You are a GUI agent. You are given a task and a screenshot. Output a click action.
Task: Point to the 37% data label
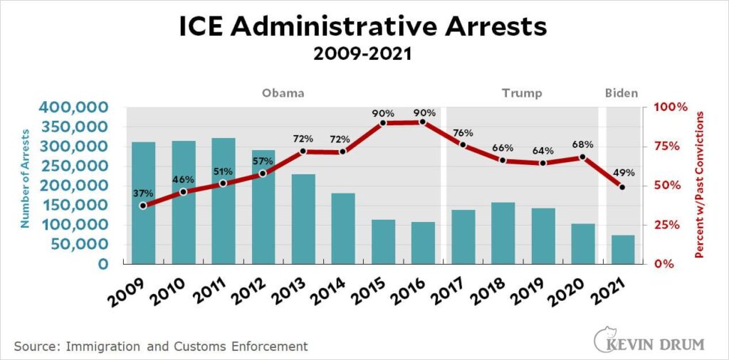(143, 193)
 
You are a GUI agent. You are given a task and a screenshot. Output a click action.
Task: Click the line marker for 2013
(303, 152)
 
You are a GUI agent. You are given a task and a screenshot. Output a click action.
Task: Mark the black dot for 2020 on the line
(582, 157)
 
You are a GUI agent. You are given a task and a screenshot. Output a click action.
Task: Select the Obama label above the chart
(283, 93)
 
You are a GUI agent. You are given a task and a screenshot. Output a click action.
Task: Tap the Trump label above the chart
(522, 93)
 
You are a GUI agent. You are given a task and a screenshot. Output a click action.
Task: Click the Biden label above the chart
(622, 93)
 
